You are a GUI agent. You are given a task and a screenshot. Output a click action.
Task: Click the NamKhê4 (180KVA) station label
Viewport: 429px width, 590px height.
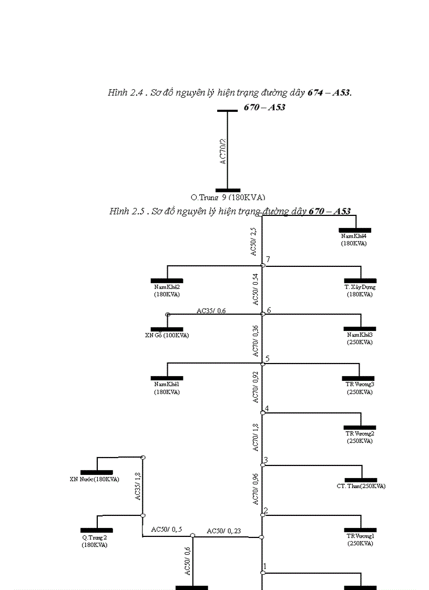point(354,240)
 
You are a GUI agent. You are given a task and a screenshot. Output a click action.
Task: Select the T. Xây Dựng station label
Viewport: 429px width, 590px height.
point(360,291)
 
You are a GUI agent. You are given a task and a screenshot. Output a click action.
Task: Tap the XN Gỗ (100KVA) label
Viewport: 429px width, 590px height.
point(167,335)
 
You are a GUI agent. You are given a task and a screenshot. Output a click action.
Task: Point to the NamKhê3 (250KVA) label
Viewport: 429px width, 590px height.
point(360,338)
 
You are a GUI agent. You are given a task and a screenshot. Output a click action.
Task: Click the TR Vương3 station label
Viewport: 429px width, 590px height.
point(360,388)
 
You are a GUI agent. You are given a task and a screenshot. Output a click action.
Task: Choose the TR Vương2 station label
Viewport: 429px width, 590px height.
point(360,437)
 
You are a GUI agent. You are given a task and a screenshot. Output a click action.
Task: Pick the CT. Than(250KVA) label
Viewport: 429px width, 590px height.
point(361,486)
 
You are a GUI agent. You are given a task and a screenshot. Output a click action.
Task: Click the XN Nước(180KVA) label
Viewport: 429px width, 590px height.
point(95,479)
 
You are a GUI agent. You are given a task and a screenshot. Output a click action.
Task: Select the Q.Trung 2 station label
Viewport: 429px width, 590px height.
point(95,541)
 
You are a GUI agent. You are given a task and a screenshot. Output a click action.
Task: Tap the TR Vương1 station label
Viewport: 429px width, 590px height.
point(360,540)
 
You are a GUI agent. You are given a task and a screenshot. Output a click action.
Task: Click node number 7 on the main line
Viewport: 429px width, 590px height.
point(268,260)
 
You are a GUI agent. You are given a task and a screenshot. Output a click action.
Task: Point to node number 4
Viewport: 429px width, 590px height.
point(267,408)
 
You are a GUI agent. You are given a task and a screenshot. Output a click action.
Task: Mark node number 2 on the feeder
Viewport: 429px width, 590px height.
point(265,510)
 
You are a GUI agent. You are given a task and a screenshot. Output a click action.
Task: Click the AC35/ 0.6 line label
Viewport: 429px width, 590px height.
point(211,310)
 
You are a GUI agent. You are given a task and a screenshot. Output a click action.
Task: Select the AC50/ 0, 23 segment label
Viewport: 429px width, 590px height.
point(224,531)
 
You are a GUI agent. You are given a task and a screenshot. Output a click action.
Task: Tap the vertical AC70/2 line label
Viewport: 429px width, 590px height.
point(223,152)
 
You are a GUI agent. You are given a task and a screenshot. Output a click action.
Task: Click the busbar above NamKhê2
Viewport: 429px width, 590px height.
point(167,281)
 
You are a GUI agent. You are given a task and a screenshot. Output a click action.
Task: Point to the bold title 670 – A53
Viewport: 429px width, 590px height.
point(264,107)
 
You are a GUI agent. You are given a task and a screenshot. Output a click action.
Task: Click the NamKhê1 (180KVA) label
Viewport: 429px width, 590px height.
point(167,388)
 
